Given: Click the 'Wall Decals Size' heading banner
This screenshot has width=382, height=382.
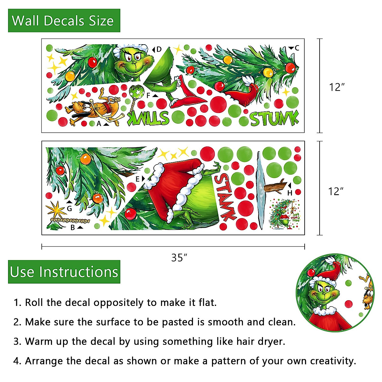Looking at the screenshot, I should [x=64, y=21].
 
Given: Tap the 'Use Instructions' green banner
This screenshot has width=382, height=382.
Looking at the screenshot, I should [x=64, y=272].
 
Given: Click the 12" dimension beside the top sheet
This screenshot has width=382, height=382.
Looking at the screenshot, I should [x=337, y=87].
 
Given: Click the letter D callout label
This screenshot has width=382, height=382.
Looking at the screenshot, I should [x=159, y=49].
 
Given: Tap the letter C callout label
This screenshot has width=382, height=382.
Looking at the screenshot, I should [x=297, y=48].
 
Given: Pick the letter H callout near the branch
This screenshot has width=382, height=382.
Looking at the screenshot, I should [x=290, y=193].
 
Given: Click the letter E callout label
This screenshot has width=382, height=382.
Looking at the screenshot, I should [x=138, y=179].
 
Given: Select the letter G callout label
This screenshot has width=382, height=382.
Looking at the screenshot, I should [x=69, y=209].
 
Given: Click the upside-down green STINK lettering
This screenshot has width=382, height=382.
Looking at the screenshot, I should [x=148, y=118].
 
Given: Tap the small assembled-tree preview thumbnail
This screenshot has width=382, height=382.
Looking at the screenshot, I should [x=284, y=214].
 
